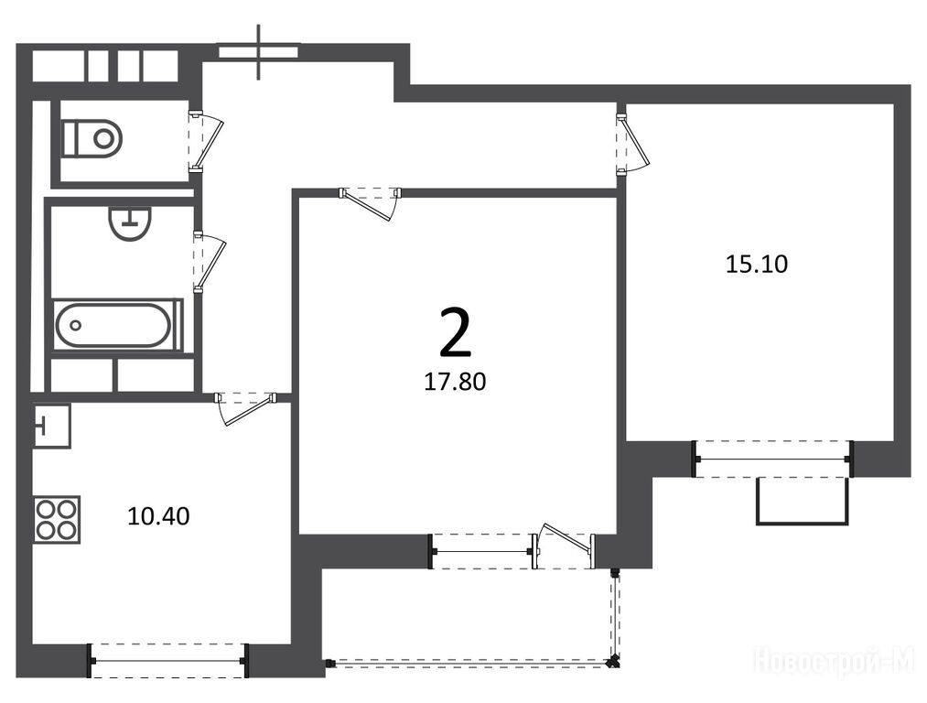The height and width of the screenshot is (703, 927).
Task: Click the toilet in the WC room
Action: coord(92,138)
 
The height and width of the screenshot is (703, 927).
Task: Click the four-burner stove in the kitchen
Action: coord(57,520)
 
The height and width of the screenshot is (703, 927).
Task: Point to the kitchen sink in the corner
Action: coord(52,425)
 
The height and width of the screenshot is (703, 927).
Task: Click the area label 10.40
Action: coord(158,516)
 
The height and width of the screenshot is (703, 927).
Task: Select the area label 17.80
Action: coord(455,382)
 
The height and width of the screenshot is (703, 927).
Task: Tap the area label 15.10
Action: coord(756,264)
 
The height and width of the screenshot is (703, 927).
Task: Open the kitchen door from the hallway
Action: coord(245,408)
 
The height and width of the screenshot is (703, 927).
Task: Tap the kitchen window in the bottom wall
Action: coord(168,660)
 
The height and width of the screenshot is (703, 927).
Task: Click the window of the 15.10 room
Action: coord(772,459)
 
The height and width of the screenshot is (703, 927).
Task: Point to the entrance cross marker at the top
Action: coord(258,52)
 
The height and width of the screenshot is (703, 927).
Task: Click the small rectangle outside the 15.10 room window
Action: coord(803,501)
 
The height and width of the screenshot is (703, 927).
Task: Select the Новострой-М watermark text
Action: coord(835,661)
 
